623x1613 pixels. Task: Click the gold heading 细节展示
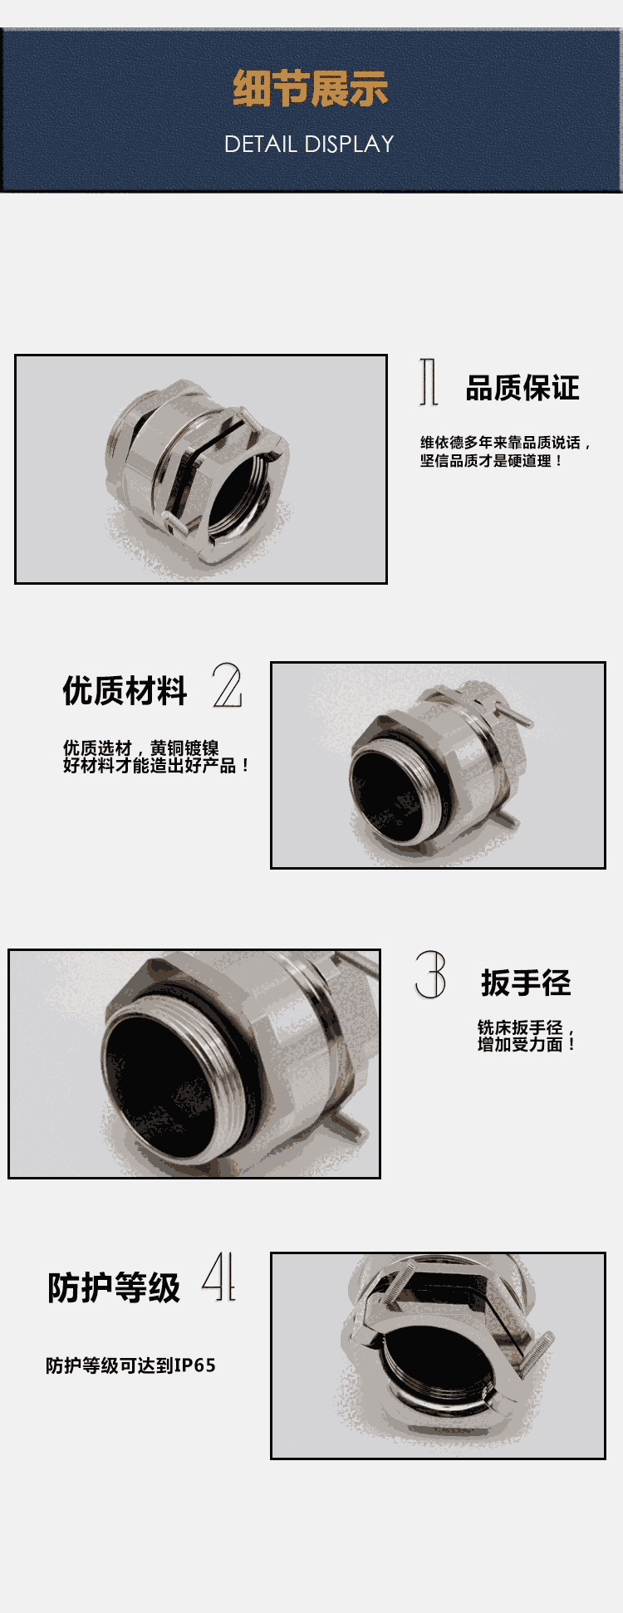pyautogui.click(x=310, y=89)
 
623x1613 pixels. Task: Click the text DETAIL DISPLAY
pyautogui.click(x=309, y=144)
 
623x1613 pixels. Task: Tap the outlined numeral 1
pyautogui.click(x=429, y=382)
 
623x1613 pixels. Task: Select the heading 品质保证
pyautogui.click(x=522, y=388)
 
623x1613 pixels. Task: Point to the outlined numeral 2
pyautogui.click(x=227, y=685)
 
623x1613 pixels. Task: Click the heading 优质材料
pyautogui.click(x=125, y=690)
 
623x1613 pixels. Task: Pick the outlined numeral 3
pyautogui.click(x=430, y=975)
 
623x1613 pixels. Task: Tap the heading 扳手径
pyautogui.click(x=526, y=983)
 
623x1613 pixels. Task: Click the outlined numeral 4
pyautogui.click(x=219, y=1276)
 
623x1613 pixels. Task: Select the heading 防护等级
pyautogui.click(x=114, y=1287)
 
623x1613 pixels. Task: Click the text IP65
pyautogui.click(x=195, y=1365)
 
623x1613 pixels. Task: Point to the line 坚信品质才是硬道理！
pyautogui.click(x=492, y=461)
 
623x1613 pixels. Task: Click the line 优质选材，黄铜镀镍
pyautogui.click(x=141, y=748)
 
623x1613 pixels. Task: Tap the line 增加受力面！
pyautogui.click(x=527, y=1044)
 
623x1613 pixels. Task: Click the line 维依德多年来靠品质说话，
pyautogui.click(x=506, y=443)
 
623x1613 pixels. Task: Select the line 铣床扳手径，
pyautogui.click(x=527, y=1027)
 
